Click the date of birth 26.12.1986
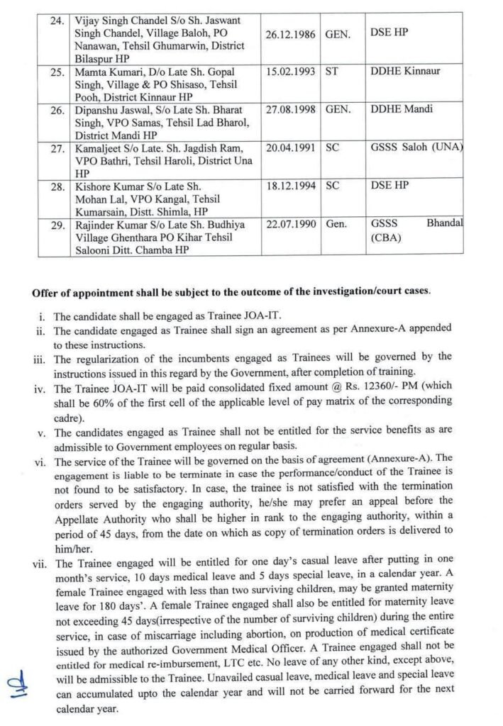(291, 33)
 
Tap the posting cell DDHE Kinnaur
(401, 72)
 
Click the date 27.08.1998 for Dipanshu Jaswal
(291, 110)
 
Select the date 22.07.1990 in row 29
(291, 224)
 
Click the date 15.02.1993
(291, 72)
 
